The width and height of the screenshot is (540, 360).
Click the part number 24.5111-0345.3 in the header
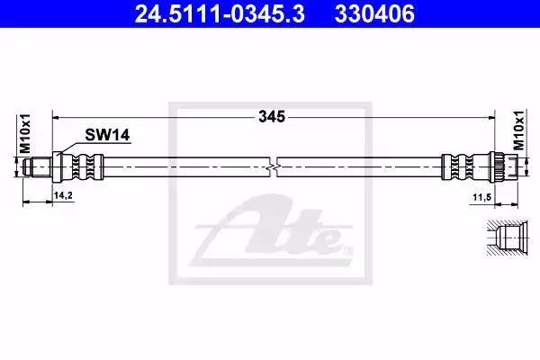point(220,14)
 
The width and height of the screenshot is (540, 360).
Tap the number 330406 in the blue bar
point(374,14)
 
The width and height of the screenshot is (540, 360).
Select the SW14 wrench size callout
point(107,135)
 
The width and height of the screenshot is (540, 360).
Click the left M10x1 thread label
point(25,134)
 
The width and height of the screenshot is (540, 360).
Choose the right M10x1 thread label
point(518,130)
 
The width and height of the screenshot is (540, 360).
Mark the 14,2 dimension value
point(63,195)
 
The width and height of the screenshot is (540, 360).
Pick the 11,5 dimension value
point(481,197)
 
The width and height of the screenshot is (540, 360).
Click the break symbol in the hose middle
point(273,167)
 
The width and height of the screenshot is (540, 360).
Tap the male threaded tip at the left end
point(37,167)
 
